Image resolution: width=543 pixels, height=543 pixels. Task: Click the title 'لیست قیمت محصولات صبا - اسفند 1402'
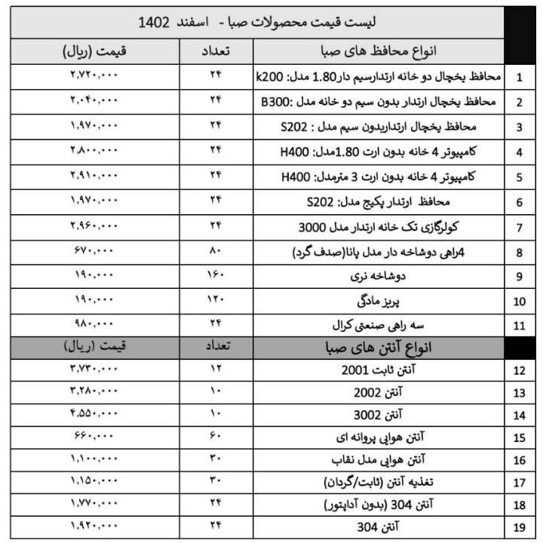[257, 23]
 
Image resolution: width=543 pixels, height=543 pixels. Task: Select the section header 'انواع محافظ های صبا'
[379, 51]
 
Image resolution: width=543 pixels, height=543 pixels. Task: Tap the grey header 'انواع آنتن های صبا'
[379, 348]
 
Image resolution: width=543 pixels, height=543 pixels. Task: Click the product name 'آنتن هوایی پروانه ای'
[379, 437]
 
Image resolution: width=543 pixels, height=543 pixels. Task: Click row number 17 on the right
[520, 481]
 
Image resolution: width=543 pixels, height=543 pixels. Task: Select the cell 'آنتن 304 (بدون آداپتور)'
[379, 503]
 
